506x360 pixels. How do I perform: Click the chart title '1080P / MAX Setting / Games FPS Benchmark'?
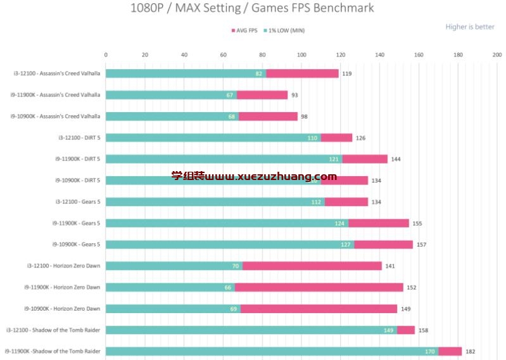tap(252, 8)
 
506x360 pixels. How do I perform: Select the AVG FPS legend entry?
tap(244, 30)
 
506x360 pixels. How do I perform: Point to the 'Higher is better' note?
tap(469, 27)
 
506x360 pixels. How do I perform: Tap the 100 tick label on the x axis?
tap(301, 55)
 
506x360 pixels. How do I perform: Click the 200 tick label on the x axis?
tap(497, 55)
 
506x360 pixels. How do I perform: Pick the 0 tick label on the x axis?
tap(106, 55)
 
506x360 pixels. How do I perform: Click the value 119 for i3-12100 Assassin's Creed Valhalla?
tap(347, 74)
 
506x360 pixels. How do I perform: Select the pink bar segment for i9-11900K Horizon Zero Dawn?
tap(319, 287)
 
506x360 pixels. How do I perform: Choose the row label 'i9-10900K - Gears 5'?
tap(76, 244)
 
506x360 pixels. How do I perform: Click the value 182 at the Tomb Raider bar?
tap(470, 352)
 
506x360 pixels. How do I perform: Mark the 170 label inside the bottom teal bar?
tap(431, 352)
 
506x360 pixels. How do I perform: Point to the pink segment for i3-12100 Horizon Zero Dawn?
tap(312, 266)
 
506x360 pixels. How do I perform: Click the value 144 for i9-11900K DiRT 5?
tap(396, 159)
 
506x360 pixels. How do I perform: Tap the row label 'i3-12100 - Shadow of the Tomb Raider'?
tap(53, 330)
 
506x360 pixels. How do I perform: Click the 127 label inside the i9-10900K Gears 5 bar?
tap(346, 245)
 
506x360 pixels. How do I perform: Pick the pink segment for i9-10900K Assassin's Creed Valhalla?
tap(268, 117)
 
